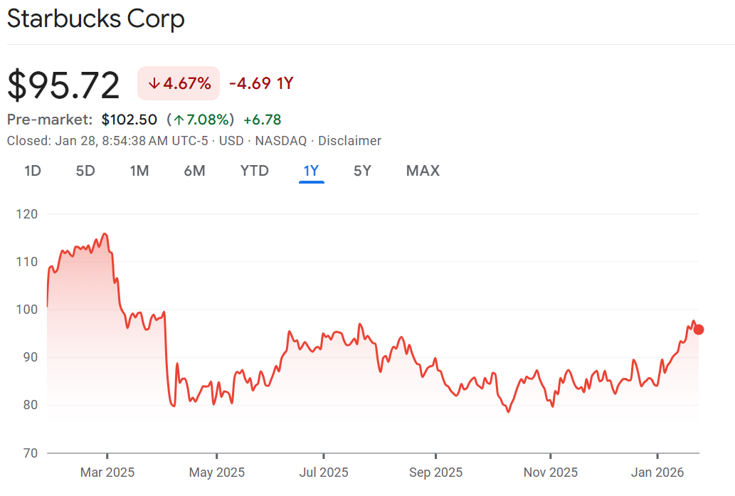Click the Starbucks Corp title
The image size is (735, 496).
96,19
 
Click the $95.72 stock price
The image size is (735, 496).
63,85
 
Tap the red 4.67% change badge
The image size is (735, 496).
179,83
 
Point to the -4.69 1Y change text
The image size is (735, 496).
261,83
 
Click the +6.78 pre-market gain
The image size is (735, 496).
262,119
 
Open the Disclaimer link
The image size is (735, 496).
349,141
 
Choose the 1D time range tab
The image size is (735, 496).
33,171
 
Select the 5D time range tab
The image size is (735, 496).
85,171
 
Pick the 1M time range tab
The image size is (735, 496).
139,171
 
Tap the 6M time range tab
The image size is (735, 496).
194,171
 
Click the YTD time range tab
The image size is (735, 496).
254,171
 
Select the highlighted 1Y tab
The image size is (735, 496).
312,171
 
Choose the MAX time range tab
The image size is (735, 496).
423,171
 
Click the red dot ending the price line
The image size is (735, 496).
699,329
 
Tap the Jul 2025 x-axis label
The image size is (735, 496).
324,472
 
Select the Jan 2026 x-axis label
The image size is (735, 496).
657,472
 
